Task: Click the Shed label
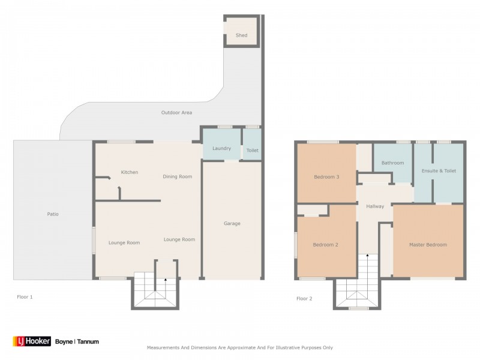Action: tap(241, 35)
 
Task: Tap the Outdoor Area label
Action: tap(175, 112)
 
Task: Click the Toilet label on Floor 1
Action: tap(252, 151)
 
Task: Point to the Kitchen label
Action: tap(130, 172)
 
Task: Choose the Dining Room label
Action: tap(177, 176)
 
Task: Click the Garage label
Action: tap(232, 223)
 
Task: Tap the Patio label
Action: tap(53, 214)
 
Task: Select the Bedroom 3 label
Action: tap(327, 177)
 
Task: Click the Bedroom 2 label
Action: tap(326, 244)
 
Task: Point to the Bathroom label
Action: tap(392, 163)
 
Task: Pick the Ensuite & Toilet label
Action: tap(439, 171)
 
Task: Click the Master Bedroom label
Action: tap(428, 244)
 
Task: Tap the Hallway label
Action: tap(374, 206)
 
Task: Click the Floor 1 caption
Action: tap(24, 297)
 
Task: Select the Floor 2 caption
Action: tap(305, 298)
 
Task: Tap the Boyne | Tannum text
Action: tap(77, 341)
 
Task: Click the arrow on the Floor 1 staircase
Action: tap(166, 281)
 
